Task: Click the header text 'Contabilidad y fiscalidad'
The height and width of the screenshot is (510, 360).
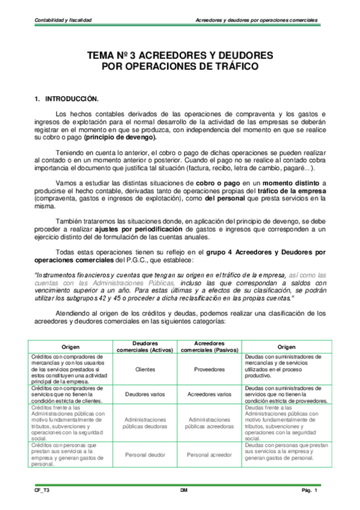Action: (x=63, y=20)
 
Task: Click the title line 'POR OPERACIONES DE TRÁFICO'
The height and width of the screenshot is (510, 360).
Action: (x=180, y=66)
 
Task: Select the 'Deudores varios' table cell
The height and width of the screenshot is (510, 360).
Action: (x=145, y=395)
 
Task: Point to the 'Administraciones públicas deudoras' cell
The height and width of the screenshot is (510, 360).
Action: (x=145, y=423)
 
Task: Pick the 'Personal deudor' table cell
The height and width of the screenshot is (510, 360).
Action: (x=145, y=455)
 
